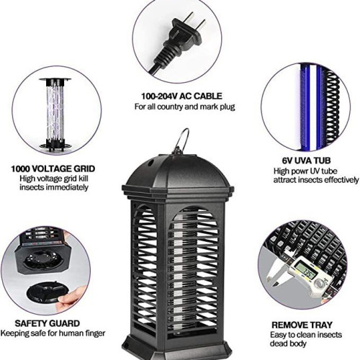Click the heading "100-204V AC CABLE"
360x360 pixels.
181,96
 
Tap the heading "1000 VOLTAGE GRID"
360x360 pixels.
53,168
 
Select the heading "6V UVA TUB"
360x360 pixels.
306,161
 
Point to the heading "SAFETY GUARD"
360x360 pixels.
47,323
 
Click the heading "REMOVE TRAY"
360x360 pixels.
302,325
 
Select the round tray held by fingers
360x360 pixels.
45,293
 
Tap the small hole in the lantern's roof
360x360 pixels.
151,163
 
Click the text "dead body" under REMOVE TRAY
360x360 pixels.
288,343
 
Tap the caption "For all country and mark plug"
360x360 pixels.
184,107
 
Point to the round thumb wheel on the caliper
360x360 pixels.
320,284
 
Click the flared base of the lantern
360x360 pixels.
178,347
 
